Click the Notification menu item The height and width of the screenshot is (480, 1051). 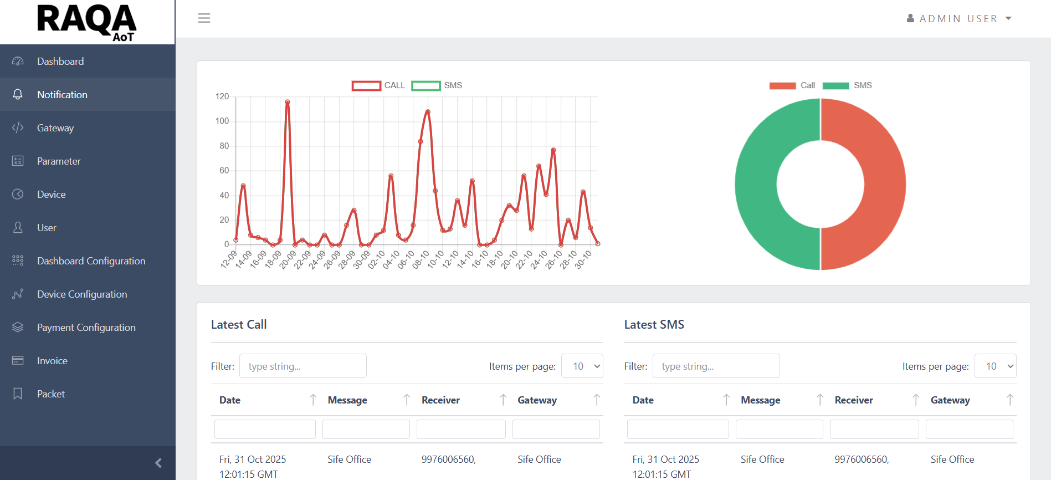click(x=62, y=95)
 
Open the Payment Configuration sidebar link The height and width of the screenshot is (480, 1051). click(x=86, y=328)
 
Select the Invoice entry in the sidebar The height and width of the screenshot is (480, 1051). click(x=52, y=361)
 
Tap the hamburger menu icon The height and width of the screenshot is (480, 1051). click(x=204, y=18)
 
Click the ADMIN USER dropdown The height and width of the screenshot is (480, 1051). click(x=959, y=19)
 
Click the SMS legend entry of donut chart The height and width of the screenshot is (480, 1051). click(x=848, y=85)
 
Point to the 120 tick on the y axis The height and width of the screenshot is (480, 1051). click(x=222, y=96)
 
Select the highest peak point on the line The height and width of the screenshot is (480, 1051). click(x=288, y=102)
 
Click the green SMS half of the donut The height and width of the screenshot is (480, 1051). click(x=756, y=185)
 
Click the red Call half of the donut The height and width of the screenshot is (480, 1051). click(x=885, y=185)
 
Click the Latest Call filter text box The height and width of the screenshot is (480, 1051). click(x=303, y=366)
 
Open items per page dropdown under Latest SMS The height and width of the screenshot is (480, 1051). click(x=995, y=366)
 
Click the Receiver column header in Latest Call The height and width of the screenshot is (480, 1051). click(x=440, y=400)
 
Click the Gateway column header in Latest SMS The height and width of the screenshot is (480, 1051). click(x=950, y=400)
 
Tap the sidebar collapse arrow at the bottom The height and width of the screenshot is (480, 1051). click(x=158, y=463)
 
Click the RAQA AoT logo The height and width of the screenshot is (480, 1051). click(x=86, y=22)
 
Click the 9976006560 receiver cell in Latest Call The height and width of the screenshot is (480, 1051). click(x=448, y=459)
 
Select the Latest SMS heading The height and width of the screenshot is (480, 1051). click(x=654, y=325)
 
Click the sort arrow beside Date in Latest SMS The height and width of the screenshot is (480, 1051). click(x=726, y=400)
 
